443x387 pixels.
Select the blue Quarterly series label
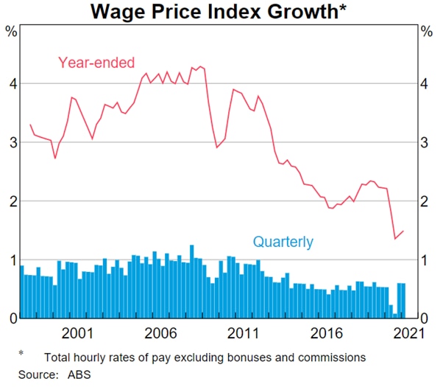click(283, 241)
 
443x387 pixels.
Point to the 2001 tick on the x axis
click(77, 332)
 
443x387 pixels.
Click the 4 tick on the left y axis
click(11, 84)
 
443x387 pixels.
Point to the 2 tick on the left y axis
click(11, 201)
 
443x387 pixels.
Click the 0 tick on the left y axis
click(11, 318)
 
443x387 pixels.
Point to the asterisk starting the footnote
click(21, 355)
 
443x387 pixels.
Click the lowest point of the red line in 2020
click(395, 238)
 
